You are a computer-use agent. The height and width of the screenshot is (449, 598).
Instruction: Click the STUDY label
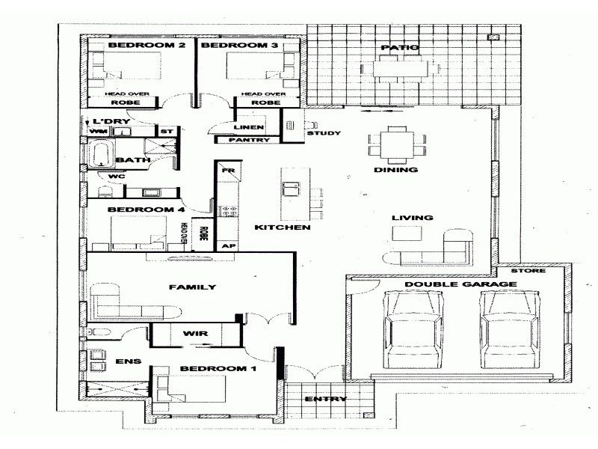click(x=324, y=134)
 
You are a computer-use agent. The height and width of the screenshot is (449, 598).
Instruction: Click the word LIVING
click(x=413, y=218)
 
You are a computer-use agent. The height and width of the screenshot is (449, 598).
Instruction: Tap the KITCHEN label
click(x=282, y=227)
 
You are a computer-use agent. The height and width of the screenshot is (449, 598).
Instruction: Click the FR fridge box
click(x=227, y=172)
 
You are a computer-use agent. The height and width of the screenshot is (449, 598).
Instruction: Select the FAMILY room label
click(x=192, y=287)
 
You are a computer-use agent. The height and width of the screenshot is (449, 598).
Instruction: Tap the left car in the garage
click(x=410, y=327)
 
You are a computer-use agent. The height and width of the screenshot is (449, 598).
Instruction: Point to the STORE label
click(x=534, y=271)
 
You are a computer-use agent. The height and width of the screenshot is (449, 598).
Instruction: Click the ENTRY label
click(x=326, y=399)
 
